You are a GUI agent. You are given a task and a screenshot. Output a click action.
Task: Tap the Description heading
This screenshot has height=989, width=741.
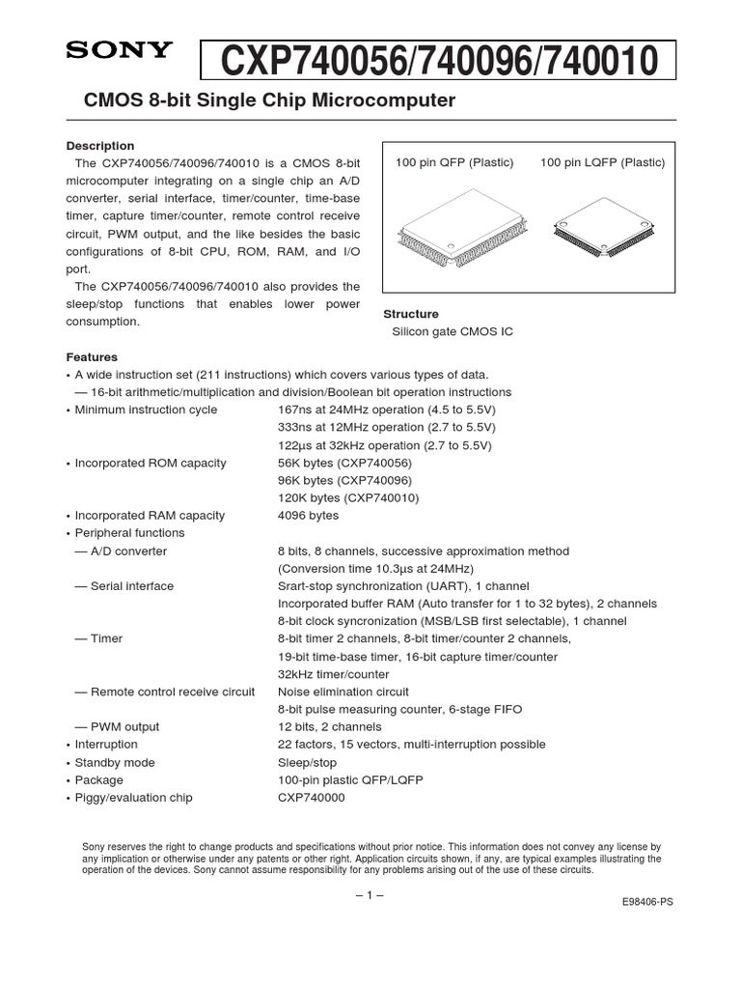[99, 146]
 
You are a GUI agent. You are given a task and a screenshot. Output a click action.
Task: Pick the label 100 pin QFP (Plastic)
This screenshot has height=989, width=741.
[454, 162]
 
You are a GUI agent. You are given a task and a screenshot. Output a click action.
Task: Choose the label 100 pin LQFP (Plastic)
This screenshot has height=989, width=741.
[602, 162]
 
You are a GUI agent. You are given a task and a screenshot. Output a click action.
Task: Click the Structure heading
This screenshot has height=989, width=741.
[411, 314]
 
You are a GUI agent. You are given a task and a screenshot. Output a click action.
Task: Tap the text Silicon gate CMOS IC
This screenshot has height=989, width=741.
[452, 331]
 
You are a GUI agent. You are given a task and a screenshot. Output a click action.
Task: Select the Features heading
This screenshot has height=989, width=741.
[92, 356]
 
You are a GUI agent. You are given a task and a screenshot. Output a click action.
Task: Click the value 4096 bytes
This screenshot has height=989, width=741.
[309, 516]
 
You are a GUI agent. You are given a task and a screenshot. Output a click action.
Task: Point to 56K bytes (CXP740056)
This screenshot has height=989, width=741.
[344, 463]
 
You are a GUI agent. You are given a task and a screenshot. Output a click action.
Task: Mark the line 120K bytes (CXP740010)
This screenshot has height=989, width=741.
[348, 498]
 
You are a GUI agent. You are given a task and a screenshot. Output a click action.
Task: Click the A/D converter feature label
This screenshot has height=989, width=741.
[128, 551]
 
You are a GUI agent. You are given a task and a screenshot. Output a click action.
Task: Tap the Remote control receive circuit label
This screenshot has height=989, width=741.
[173, 692]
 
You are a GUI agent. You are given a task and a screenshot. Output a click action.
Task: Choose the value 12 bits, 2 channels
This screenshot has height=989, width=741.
[330, 726]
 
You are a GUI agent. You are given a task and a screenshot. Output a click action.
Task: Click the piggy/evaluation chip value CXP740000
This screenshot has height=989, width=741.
[311, 798]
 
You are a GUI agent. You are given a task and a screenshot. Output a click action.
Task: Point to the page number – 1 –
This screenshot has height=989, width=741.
[370, 894]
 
